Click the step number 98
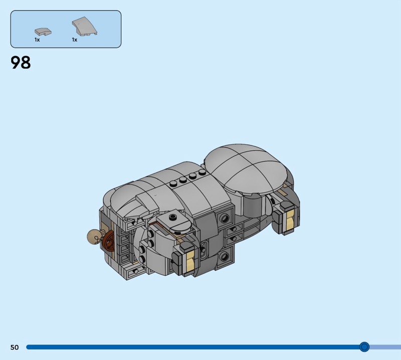[21, 63]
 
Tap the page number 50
[15, 347]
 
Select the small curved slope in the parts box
[43, 32]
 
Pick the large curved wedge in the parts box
[84, 26]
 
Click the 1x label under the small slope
[37, 40]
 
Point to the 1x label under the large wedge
[75, 40]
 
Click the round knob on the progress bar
[364, 347]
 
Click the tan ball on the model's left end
[93, 237]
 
